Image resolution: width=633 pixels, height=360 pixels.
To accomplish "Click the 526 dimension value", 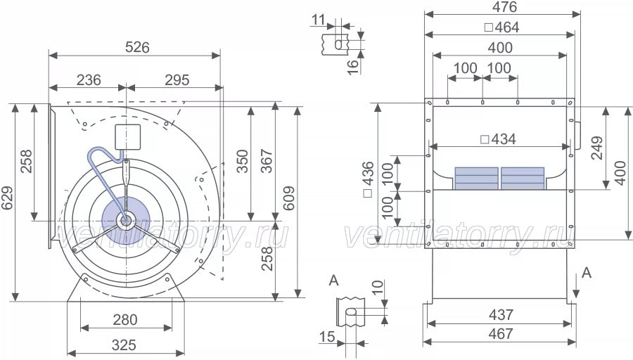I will click(137, 48).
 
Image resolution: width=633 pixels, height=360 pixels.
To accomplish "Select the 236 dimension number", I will click(88, 80).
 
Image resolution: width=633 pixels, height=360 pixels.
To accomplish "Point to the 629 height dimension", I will click(8, 204).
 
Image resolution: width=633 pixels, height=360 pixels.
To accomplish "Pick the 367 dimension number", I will click(265, 163).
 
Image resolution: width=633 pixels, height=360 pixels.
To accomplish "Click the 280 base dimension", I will click(125, 320).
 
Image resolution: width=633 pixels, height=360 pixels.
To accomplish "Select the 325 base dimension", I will click(124, 345).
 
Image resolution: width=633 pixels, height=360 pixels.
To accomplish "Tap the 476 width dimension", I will click(504, 8).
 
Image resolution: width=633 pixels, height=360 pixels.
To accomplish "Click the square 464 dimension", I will click(502, 28).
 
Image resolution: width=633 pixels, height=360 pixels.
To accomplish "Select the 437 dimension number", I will click(500, 315).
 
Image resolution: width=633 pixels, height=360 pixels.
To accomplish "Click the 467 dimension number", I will click(500, 334).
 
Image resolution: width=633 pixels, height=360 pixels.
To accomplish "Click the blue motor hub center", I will click(125, 220).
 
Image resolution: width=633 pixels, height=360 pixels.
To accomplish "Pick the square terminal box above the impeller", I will click(128, 136).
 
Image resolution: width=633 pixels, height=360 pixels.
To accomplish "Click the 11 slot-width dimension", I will click(317, 20).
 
